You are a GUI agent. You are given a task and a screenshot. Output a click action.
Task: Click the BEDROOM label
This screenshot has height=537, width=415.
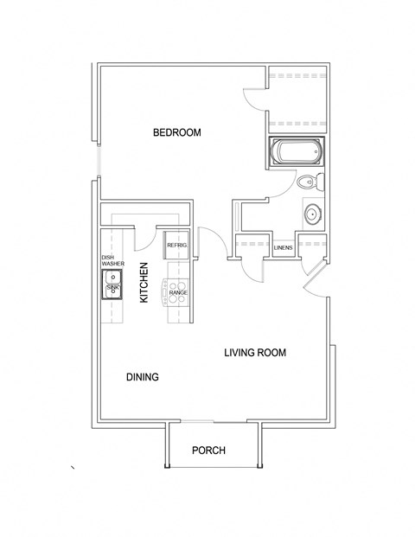coord(176,132)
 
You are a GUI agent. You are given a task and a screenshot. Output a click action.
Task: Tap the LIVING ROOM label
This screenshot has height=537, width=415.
coord(254,353)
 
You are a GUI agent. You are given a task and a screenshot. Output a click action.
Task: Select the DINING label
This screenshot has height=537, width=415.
coord(142,376)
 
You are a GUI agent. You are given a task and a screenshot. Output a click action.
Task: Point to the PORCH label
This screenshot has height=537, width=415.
coord(208,451)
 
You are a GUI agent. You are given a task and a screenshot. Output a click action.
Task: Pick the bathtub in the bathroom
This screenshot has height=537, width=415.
coord(295,154)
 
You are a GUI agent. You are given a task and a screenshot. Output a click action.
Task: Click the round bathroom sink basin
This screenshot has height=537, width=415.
coord(312,214)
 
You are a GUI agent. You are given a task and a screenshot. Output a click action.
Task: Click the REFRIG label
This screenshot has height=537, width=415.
coord(177,246)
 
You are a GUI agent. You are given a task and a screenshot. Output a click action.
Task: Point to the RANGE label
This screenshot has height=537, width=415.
coord(177,293)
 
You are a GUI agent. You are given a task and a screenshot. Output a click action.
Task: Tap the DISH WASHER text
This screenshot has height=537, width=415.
coord(112,260)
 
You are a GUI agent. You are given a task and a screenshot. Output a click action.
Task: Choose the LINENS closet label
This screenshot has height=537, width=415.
coord(283,248)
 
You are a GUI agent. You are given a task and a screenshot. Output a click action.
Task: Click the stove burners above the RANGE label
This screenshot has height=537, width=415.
coord(177,284)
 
